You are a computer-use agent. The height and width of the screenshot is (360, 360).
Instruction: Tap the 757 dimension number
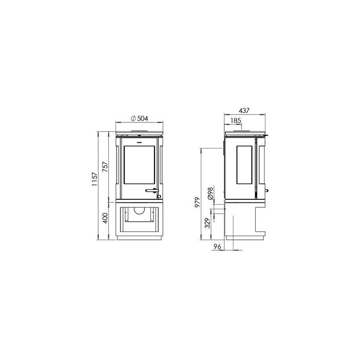(105, 167)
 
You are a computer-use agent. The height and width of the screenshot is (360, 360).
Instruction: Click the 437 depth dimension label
(243, 110)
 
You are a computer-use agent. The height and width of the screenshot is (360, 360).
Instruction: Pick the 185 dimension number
(235, 120)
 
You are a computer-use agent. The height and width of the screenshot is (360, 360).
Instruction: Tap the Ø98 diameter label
(210, 194)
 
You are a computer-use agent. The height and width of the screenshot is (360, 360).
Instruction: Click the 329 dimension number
(207, 224)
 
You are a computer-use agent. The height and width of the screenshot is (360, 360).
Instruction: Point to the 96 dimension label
(217, 247)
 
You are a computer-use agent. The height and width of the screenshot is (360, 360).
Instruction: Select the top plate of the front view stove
(139, 134)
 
